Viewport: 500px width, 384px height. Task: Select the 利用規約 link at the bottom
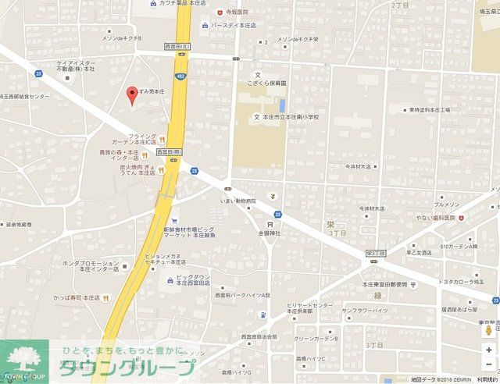tap(485, 379)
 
